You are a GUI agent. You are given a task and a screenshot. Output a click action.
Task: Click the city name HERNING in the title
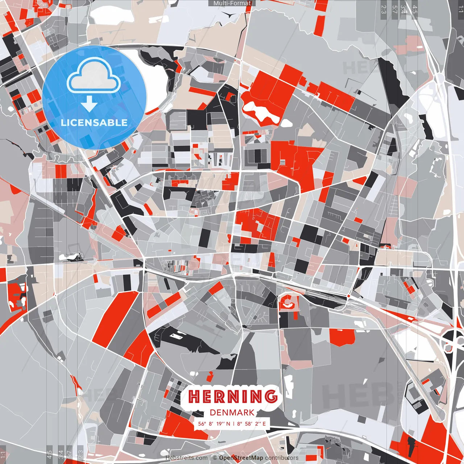232,397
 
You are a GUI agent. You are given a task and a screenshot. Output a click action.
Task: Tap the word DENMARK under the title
232,413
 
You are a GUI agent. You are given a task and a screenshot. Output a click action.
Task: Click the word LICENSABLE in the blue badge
94,123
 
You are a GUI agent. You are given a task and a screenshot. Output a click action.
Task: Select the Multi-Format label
232,3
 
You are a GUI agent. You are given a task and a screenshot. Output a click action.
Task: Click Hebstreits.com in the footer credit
187,458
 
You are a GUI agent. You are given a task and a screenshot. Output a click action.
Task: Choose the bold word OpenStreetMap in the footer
241,458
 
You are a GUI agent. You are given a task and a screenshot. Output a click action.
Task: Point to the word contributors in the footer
282,458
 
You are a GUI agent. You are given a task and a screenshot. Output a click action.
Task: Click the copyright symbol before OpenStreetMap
215,458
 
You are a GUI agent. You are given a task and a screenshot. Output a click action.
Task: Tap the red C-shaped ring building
289,303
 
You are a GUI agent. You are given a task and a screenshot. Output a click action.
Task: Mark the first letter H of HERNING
195,397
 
